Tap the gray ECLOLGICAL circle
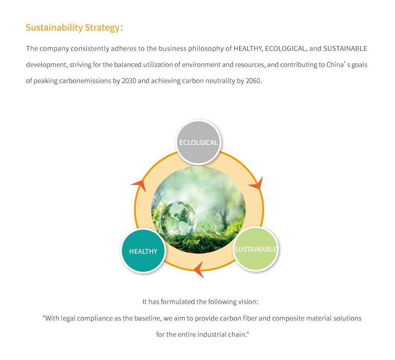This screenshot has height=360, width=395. pyautogui.click(x=198, y=142)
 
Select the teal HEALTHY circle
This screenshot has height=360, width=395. pyautogui.click(x=143, y=251)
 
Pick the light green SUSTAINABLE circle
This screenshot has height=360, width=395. pyautogui.click(x=255, y=249)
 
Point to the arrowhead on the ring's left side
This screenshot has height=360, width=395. pyautogui.click(x=139, y=185)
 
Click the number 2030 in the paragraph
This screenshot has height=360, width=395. pyautogui.click(x=129, y=81)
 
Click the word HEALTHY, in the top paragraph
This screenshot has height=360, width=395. pyautogui.click(x=248, y=48)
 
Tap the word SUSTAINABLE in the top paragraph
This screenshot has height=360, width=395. pyautogui.click(x=345, y=48)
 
